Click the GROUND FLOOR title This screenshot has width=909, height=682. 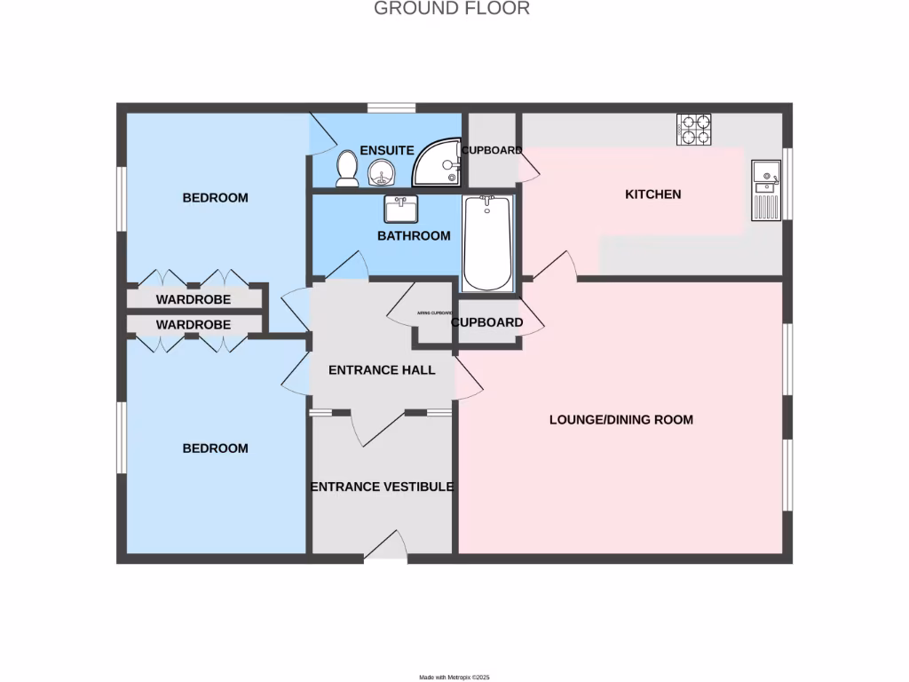451,9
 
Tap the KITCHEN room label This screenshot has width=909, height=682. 653,194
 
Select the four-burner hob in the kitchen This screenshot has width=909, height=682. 694,130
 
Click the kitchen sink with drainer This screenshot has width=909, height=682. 764,189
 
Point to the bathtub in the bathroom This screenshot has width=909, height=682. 486,243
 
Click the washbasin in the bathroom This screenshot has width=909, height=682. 401,210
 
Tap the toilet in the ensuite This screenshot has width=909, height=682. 346,169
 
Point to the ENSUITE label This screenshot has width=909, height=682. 386,151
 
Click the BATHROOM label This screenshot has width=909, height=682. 414,236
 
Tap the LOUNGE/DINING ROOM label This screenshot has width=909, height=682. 620,419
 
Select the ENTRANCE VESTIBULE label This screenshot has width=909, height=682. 382,487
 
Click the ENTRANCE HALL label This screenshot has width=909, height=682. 382,369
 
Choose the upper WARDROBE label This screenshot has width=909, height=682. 193,300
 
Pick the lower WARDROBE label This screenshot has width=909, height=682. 193,325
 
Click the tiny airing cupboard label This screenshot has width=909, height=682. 433,313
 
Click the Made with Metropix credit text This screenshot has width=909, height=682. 454,677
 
